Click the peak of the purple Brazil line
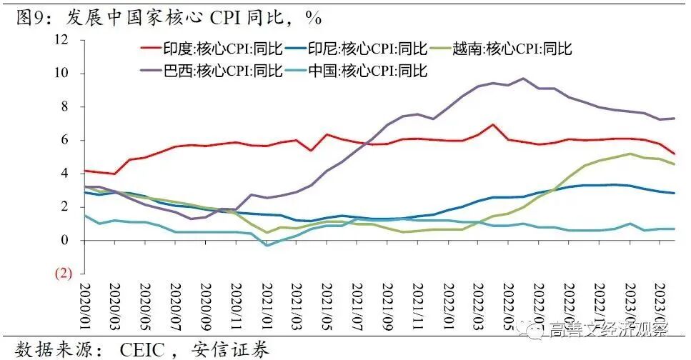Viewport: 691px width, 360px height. pyautogui.click(x=523, y=79)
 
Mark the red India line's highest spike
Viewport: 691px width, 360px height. pyautogui.click(x=493, y=124)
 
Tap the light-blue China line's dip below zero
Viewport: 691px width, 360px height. pyautogui.click(x=267, y=245)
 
